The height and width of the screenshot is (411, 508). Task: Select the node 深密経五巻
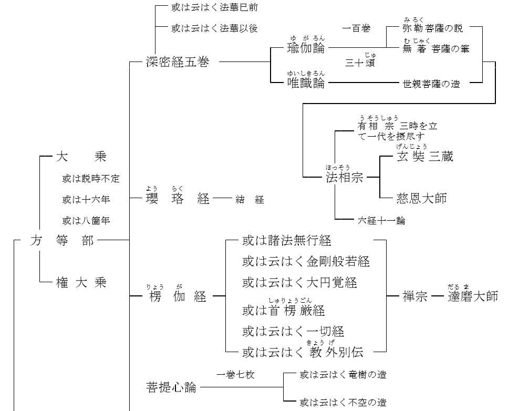[177, 62]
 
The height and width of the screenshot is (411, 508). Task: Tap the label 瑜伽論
[306, 48]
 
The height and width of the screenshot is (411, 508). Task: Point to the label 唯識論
[306, 83]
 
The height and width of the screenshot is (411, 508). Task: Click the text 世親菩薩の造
[431, 83]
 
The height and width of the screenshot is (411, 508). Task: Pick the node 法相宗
[344, 177]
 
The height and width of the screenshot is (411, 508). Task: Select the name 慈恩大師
[421, 198]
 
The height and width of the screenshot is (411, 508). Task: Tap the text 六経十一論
[381, 221]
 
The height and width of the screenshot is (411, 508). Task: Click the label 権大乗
[81, 283]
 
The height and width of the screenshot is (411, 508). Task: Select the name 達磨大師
[472, 296]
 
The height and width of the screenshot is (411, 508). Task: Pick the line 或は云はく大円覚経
[299, 283]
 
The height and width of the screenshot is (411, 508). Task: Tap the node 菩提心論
[171, 387]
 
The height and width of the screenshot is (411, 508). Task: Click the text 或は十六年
[86, 199]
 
